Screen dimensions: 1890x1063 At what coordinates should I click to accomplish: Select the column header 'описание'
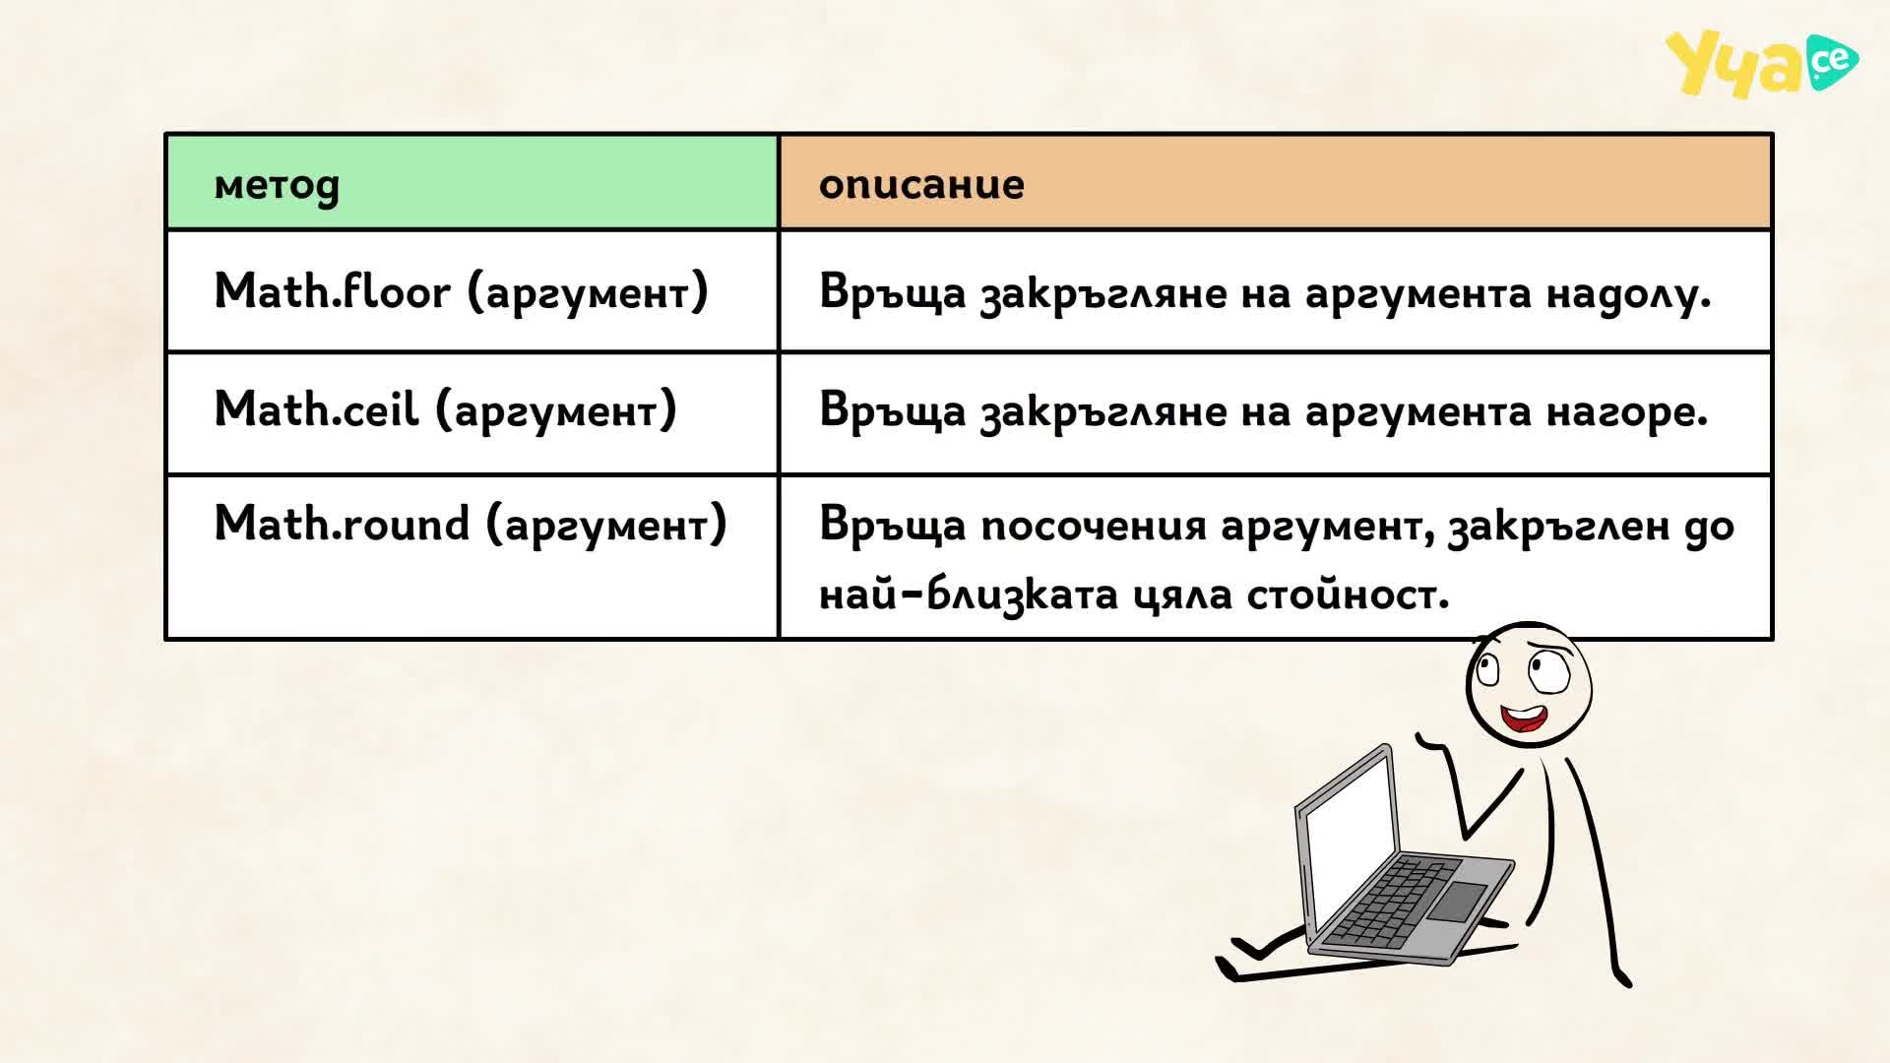point(921,184)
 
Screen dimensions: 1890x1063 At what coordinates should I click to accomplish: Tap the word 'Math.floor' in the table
point(332,291)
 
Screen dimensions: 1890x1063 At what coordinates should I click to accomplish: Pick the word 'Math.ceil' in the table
point(316,408)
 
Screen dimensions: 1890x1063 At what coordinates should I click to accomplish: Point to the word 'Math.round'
point(342,523)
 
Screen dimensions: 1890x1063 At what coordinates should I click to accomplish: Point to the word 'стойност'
point(1348,594)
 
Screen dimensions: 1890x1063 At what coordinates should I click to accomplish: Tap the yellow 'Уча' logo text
point(1734,65)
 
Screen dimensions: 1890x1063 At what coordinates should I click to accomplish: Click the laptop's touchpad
point(1457,902)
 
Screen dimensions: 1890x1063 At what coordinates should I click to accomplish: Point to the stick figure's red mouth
point(1522,719)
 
